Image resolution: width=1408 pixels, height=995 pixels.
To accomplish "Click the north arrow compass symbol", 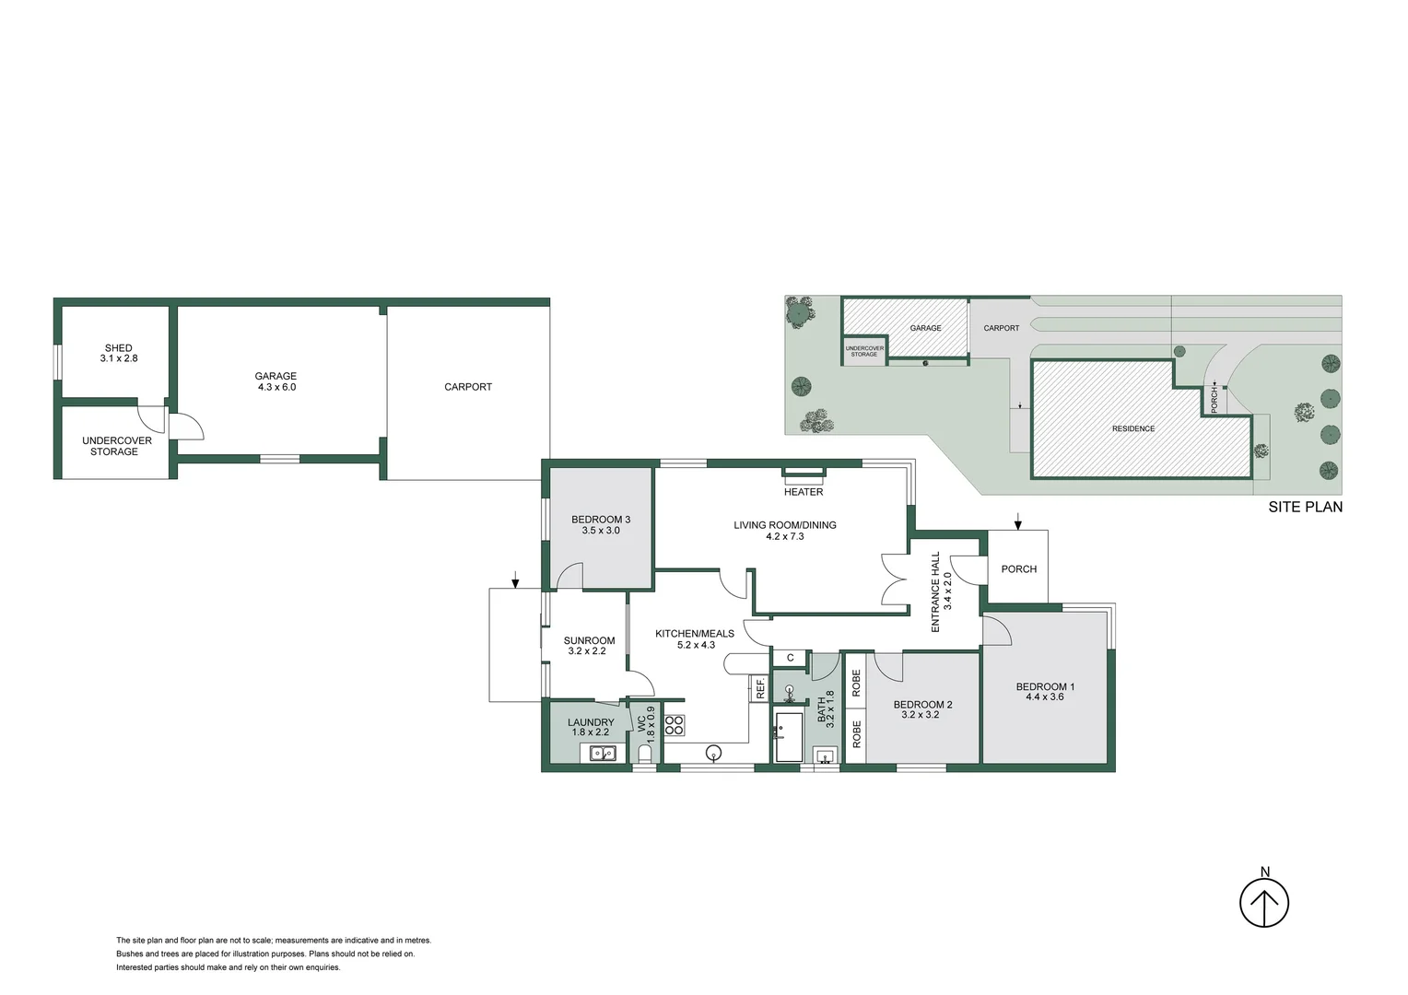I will [1263, 903].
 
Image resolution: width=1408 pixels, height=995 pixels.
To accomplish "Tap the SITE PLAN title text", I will [1305, 507].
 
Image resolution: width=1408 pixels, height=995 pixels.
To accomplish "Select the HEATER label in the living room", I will [804, 492].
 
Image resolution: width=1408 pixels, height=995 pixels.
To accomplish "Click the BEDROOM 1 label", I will [1045, 686].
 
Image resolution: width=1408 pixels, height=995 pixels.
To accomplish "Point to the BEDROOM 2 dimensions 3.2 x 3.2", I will [922, 715].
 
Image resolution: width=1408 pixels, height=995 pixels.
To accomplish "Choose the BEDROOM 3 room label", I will [601, 520].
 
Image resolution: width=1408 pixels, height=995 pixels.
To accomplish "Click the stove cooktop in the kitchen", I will [675, 725].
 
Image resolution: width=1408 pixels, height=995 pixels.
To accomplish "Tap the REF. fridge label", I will [760, 688].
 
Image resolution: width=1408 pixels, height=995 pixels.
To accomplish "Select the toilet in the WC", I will [645, 755].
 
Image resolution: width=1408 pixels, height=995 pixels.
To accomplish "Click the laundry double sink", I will [603, 754].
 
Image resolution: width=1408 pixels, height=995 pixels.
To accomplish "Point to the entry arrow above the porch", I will [1018, 521].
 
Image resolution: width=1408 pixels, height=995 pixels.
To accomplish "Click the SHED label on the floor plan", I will [119, 348].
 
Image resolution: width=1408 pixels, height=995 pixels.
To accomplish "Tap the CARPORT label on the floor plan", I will [468, 387].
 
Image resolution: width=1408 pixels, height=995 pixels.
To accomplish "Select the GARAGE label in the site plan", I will [925, 328].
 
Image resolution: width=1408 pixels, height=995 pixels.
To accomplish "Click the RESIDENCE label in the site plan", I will [1132, 428].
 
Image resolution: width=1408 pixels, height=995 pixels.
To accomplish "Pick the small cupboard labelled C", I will [791, 658].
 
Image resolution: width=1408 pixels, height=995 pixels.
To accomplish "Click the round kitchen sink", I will [713, 753].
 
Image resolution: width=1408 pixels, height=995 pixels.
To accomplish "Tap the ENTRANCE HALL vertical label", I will [935, 591].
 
